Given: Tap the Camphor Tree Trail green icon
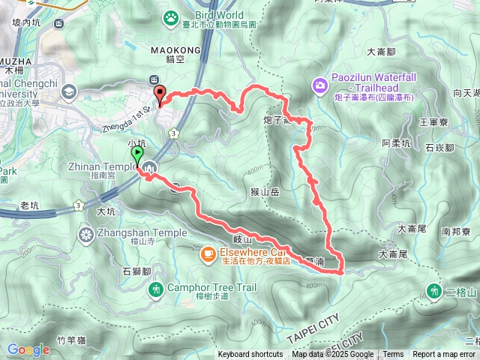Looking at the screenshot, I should pyautogui.click(x=156, y=289).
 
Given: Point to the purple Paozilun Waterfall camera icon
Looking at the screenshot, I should pyautogui.click(x=320, y=86).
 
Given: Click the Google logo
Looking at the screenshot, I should pyautogui.click(x=28, y=349).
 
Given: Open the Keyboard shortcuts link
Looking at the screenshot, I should pyautogui.click(x=250, y=355).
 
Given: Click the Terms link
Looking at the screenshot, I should pyautogui.click(x=393, y=355).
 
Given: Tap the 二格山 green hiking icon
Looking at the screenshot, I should pyautogui.click(x=433, y=289).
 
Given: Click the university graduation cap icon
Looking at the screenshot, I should pyautogui.click(x=70, y=91).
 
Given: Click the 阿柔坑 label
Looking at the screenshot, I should pyautogui.click(x=396, y=142).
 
